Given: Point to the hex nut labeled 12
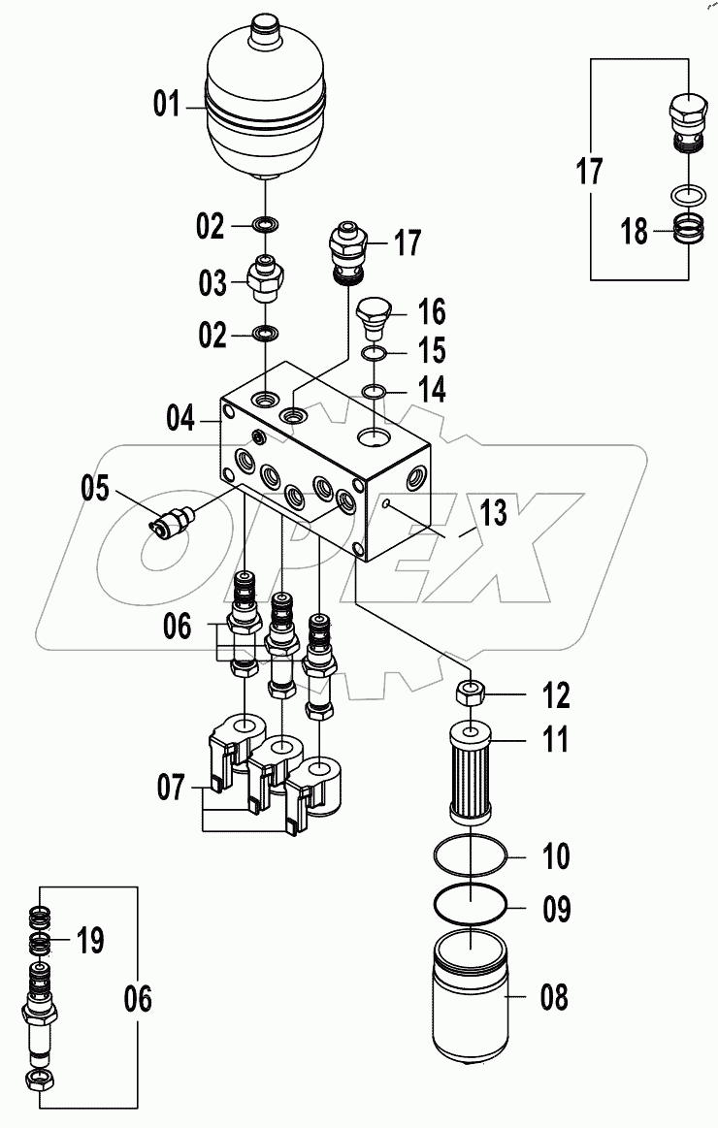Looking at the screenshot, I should coord(471,693).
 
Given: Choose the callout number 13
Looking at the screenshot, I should coord(493,513).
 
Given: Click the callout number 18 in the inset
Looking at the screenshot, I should coord(635,234).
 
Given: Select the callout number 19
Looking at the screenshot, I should coord(89,940).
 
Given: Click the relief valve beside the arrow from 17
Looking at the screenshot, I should coord(345,249).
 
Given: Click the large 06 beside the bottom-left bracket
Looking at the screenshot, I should coord(138,1000).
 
